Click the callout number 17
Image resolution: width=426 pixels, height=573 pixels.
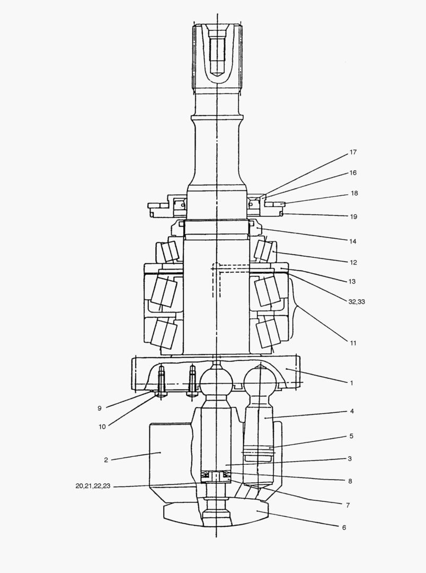click(353, 152)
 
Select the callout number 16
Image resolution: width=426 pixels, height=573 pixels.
click(353, 172)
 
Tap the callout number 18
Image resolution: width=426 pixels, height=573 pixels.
click(354, 193)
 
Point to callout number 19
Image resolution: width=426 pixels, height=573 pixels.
click(353, 216)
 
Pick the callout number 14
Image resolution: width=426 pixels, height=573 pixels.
click(353, 241)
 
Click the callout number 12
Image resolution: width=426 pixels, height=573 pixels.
click(353, 263)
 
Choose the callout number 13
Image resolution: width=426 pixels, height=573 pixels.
click(352, 281)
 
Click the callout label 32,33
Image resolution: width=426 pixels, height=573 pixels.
click(356, 302)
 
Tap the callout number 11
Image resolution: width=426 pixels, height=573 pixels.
click(353, 343)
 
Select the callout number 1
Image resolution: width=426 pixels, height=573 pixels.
click(351, 383)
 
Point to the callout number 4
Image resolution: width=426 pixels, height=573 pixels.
click(352, 411)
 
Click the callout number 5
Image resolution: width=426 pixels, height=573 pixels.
click(351, 436)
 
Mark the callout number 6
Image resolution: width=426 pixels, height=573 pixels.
click(344, 527)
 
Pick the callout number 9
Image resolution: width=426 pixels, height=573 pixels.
click(99, 408)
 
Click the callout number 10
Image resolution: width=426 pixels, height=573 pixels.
click(102, 427)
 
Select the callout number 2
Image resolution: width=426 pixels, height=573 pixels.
click(106, 460)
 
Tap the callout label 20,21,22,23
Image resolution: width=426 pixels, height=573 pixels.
click(93, 486)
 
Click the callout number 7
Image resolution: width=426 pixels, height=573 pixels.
click(348, 505)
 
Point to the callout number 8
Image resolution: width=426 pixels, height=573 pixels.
click(350, 481)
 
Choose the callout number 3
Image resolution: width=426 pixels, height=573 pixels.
click(350, 458)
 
